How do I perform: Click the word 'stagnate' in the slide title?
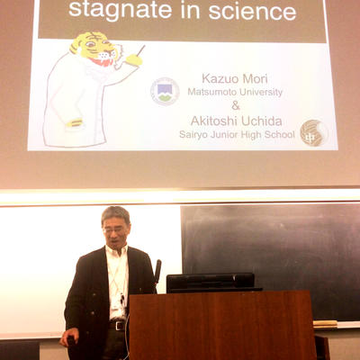[x=121, y=11]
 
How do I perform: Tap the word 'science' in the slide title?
[x=252, y=11]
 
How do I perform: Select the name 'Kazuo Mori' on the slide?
[x=235, y=78]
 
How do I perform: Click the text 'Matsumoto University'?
[x=235, y=92]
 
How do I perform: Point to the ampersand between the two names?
[x=236, y=105]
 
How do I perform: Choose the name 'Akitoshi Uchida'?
[x=237, y=121]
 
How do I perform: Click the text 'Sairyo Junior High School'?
[x=237, y=134]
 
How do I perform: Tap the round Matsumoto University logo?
[x=165, y=92]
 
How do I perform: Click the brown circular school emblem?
[x=314, y=133]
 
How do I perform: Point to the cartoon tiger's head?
[x=95, y=49]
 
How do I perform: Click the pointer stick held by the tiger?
[x=140, y=50]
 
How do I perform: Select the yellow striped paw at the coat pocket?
[x=74, y=122]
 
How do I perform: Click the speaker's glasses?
[x=115, y=230]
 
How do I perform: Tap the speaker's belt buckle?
[x=120, y=326]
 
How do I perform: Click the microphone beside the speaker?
[x=157, y=273]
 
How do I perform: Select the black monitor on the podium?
[x=211, y=283]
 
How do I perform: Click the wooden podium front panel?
[x=222, y=326]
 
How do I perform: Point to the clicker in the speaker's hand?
[x=71, y=341]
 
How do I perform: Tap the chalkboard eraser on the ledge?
[x=325, y=323]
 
